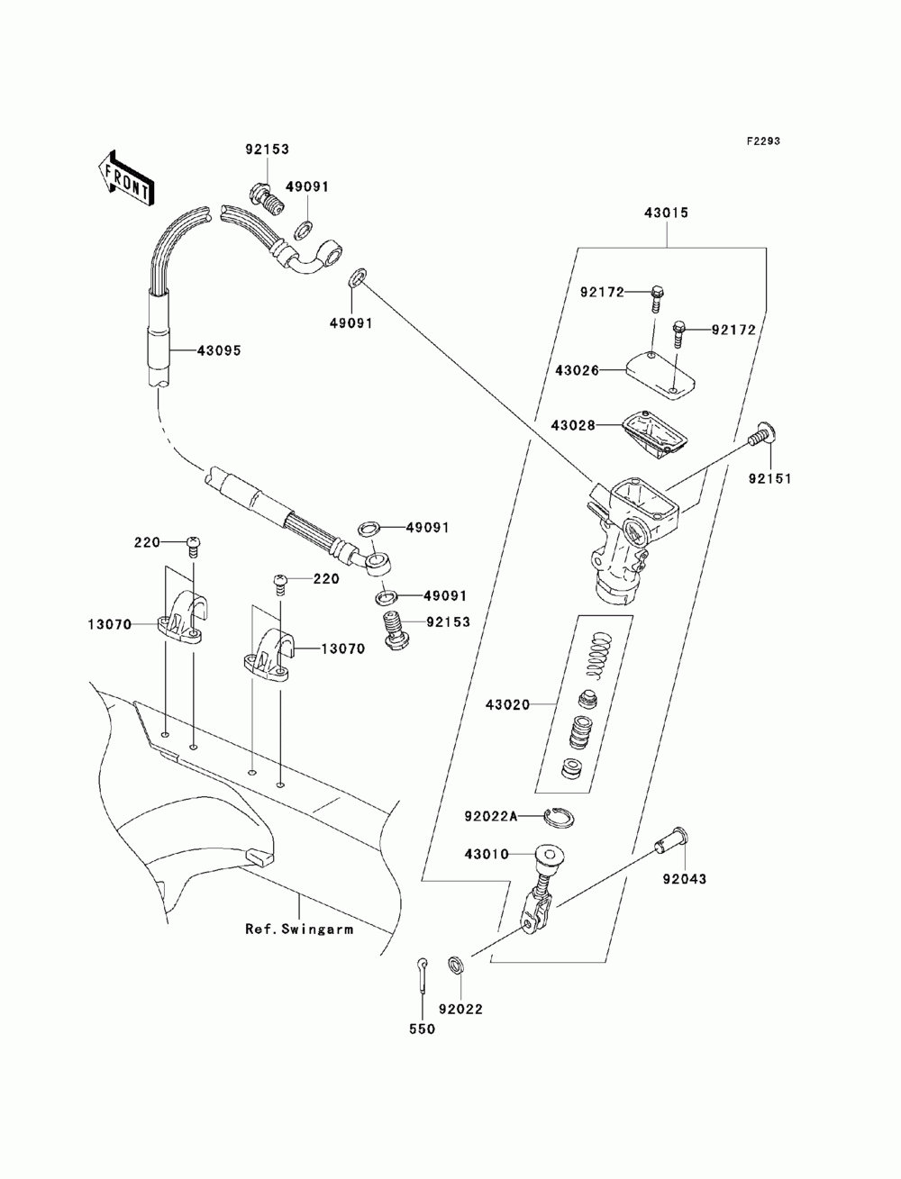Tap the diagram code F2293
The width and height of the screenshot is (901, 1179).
(x=763, y=141)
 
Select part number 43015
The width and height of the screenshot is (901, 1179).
(x=666, y=213)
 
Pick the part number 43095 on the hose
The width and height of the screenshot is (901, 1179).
(x=219, y=350)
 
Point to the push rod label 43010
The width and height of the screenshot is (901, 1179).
(x=487, y=855)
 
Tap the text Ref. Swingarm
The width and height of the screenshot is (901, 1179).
(x=299, y=930)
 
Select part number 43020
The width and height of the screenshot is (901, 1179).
(x=508, y=704)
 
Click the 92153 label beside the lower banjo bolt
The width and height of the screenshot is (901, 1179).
(x=449, y=622)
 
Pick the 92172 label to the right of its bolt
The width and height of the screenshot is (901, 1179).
(x=734, y=330)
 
